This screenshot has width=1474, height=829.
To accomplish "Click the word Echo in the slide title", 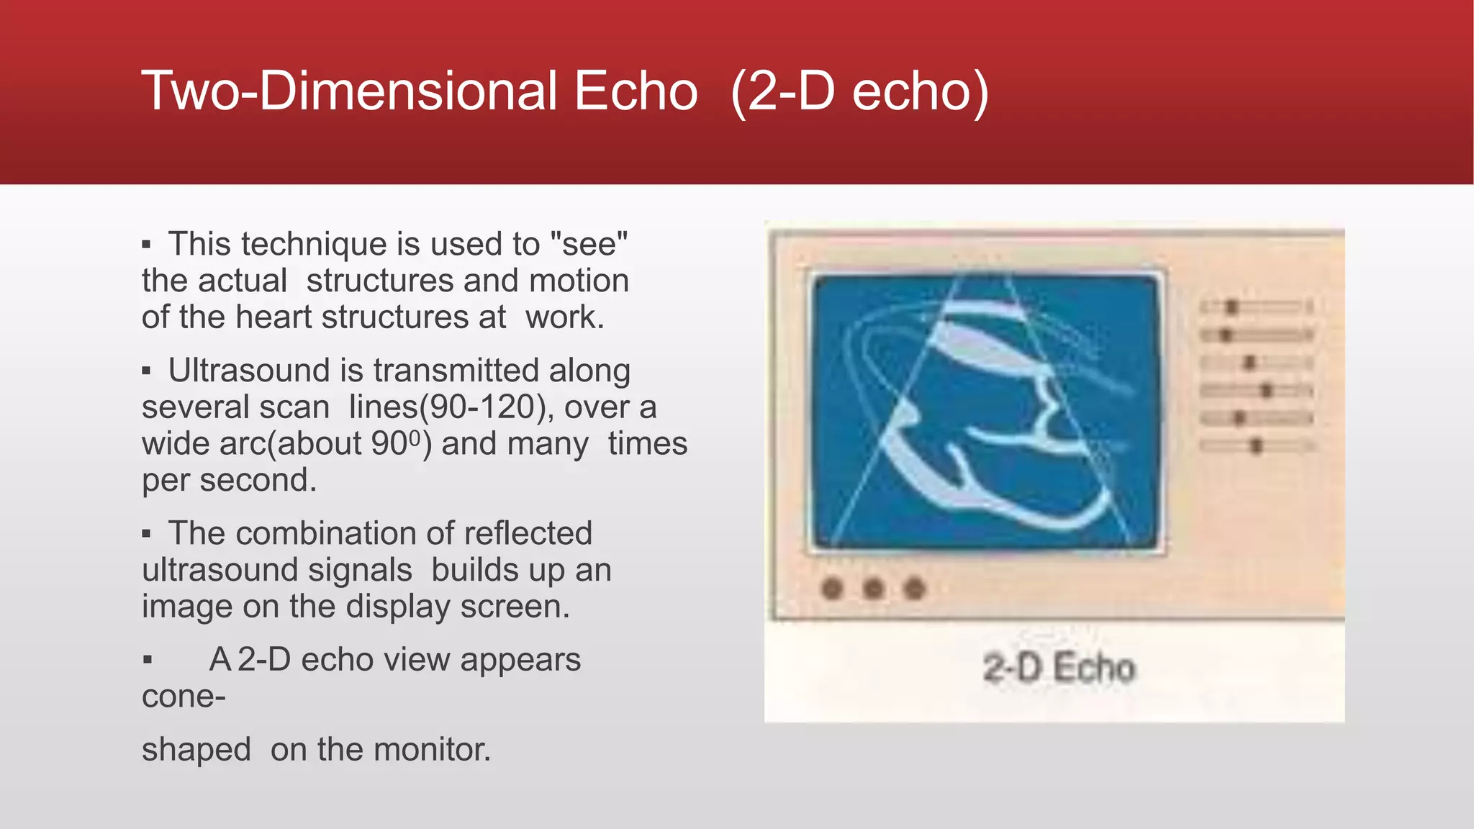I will [x=636, y=91].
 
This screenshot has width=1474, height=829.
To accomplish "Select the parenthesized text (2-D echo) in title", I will [x=859, y=91].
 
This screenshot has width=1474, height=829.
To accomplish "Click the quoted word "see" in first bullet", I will [x=588, y=244].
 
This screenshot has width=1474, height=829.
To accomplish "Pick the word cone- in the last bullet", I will [x=184, y=697].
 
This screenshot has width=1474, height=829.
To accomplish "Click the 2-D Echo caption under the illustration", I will [x=1058, y=668].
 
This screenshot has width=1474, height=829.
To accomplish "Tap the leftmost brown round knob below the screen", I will [x=832, y=589].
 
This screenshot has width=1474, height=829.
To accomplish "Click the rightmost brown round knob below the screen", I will [x=914, y=589].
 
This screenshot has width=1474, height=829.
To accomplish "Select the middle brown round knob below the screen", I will [x=873, y=589].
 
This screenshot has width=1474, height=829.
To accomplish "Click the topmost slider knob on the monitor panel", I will [x=1231, y=307].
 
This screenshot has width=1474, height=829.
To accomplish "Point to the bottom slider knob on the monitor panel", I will [x=1256, y=446].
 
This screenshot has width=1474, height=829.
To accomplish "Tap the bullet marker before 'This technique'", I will [x=146, y=245].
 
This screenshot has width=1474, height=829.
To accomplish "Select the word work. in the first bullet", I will [x=564, y=317].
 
